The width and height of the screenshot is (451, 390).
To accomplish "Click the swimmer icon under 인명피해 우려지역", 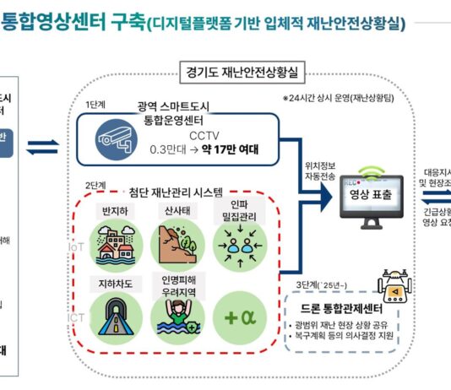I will (x=177, y=316).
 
